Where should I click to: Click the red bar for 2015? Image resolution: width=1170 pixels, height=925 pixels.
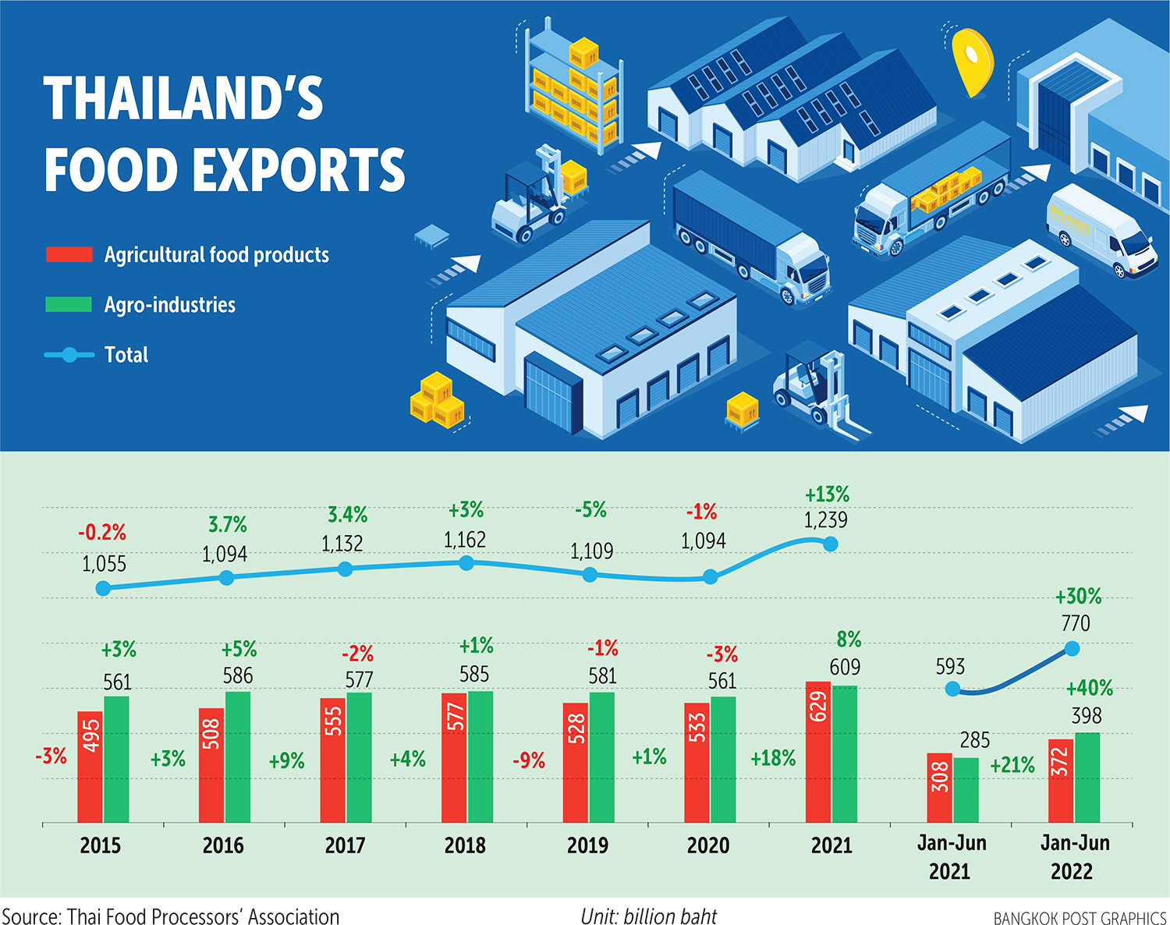[x=90, y=766]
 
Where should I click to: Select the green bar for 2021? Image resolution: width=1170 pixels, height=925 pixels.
[x=845, y=753]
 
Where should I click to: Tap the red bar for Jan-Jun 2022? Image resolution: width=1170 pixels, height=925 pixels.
[x=1060, y=780]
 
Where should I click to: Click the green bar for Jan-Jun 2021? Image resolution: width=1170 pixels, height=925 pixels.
[x=966, y=789]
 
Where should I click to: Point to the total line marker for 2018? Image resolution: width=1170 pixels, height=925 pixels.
[x=466, y=563]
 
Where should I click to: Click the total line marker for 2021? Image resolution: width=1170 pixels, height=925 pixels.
[x=831, y=544]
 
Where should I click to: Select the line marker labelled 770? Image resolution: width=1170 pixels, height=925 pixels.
[x=1072, y=648]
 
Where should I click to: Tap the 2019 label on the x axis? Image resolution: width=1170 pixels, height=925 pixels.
[x=587, y=845]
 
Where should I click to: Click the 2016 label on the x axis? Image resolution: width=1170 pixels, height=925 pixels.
[x=223, y=845]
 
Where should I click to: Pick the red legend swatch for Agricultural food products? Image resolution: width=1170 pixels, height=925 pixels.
[x=69, y=254]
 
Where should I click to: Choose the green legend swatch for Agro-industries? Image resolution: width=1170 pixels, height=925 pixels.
[x=69, y=304]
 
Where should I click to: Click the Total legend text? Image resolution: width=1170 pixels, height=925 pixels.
[x=126, y=355]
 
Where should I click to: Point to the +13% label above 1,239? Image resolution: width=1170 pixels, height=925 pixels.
[x=827, y=494]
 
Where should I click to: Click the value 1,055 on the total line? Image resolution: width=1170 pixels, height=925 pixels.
[x=104, y=564]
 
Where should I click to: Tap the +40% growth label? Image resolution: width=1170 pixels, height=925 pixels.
[x=1089, y=688]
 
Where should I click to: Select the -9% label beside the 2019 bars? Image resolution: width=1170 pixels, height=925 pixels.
[x=529, y=760]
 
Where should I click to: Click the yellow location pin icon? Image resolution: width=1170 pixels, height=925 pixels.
[x=972, y=61]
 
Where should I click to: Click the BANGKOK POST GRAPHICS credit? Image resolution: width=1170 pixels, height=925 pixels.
[x=1080, y=918]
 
